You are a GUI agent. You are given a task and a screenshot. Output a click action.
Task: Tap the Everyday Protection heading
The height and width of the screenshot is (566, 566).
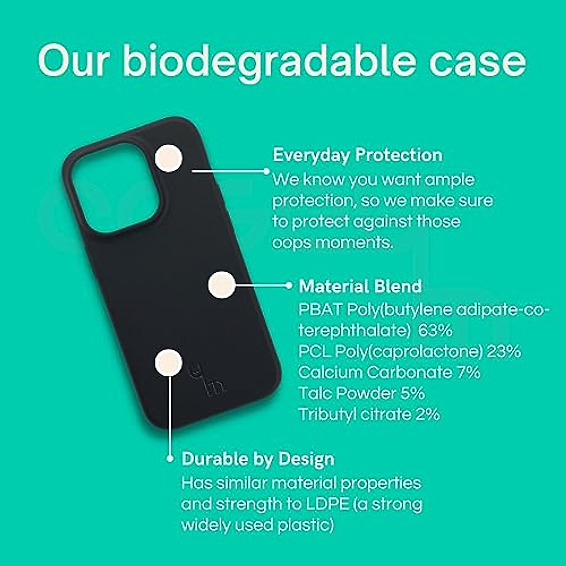tap(358, 155)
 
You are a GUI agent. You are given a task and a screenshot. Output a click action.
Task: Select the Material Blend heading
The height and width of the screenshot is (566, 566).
tap(360, 286)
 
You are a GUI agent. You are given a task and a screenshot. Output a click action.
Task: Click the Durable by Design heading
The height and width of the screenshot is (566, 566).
tap(258, 459)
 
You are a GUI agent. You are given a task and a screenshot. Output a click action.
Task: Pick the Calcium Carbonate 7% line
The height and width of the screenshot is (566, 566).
tap(389, 372)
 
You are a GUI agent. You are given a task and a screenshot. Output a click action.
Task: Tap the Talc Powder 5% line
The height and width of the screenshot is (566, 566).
tap(362, 393)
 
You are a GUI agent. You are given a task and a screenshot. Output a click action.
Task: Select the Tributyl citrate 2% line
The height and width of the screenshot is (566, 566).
tap(369, 414)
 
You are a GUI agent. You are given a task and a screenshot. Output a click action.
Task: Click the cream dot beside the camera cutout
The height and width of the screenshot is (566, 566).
tap(168, 158)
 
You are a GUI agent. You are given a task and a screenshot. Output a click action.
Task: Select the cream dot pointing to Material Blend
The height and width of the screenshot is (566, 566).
tap(222, 284)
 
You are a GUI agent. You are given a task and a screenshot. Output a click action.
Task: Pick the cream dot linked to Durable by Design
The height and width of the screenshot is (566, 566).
tap(168, 362)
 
